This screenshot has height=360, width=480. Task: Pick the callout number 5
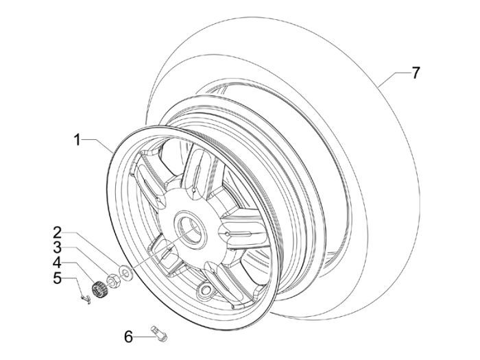[x=58, y=278]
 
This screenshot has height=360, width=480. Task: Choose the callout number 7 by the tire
[x=416, y=73]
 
